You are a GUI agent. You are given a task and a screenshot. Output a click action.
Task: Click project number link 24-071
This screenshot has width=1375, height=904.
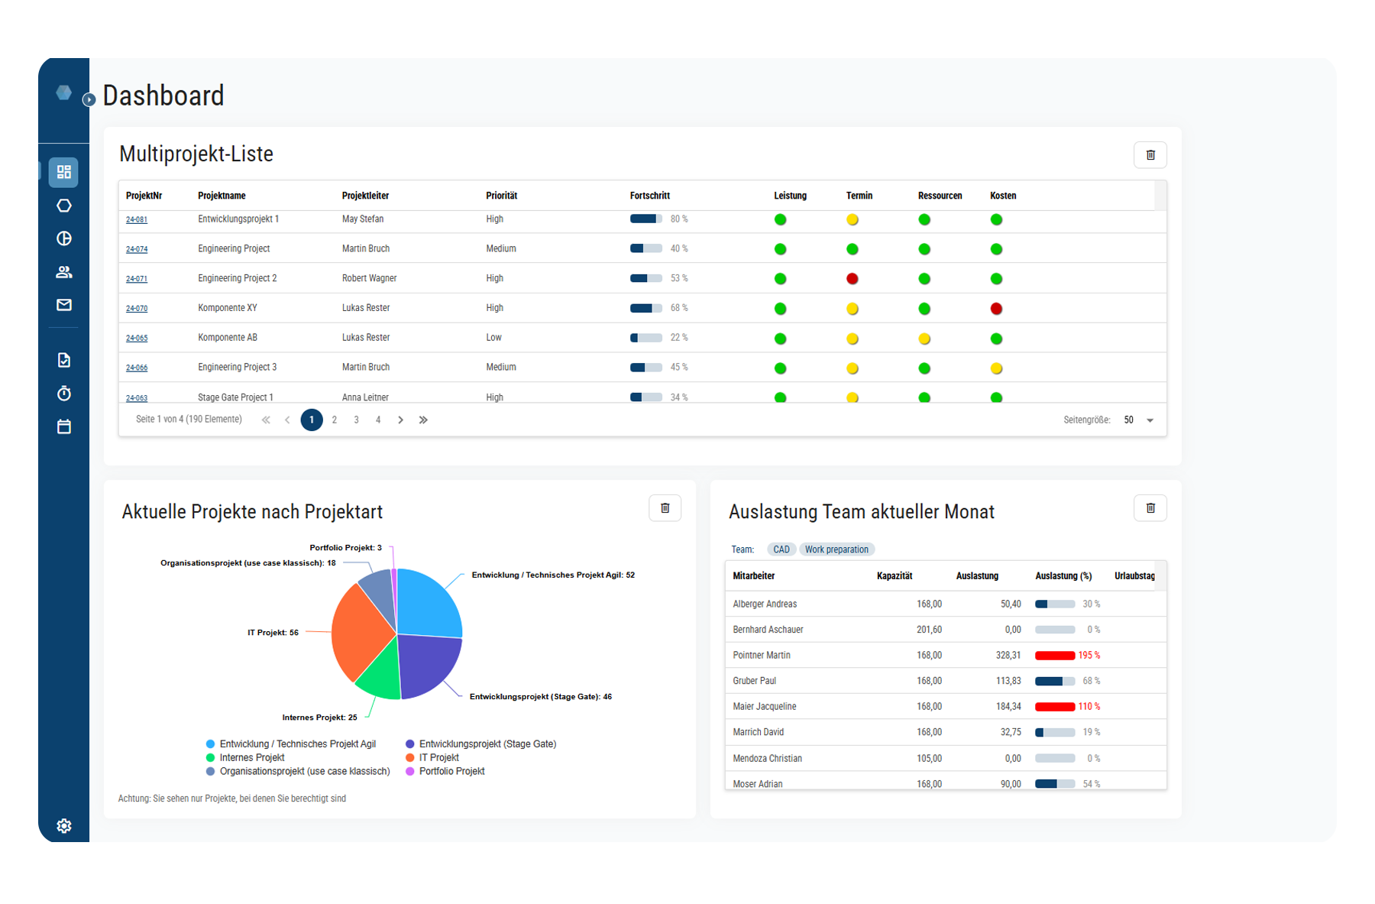pos(137,279)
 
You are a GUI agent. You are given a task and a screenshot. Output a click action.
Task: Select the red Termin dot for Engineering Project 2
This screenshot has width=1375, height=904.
pos(852,279)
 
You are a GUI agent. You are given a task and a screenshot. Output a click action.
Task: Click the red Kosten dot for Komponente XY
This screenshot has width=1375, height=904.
pos(996,309)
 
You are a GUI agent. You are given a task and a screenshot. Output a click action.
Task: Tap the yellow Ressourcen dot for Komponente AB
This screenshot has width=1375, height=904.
pos(924,339)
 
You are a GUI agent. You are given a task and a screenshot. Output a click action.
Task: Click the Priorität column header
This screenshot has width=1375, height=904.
pos(501,196)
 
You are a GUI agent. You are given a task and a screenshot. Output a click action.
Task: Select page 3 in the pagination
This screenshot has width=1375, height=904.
pos(356,420)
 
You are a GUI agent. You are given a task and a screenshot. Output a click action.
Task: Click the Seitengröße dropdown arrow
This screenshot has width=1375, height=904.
pos(1150,420)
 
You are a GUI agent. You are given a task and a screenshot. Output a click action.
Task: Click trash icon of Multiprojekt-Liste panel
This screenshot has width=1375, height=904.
pos(1150,155)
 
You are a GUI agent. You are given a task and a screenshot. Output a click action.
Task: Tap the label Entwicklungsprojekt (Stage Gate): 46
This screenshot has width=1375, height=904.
pos(540,697)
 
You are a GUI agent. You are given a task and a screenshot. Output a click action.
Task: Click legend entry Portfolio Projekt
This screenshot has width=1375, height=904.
pos(451,771)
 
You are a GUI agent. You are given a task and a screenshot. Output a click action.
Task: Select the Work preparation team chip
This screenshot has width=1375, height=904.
pos(836,549)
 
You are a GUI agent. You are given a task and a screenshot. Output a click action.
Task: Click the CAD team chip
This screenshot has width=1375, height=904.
pos(781,549)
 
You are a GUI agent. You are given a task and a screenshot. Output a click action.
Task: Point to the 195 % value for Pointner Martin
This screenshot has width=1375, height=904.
pos(1089,656)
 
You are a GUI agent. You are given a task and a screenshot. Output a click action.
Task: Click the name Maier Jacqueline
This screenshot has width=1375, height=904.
pos(765,707)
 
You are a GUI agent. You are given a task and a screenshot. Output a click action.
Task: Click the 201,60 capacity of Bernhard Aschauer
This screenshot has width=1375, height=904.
pos(929,630)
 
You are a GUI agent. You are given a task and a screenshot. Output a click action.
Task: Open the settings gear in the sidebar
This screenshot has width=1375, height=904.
pos(64,826)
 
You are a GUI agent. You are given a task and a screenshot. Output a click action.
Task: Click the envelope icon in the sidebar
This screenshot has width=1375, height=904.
pos(64,305)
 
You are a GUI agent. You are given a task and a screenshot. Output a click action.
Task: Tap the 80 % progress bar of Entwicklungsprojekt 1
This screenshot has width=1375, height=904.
pos(645,219)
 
